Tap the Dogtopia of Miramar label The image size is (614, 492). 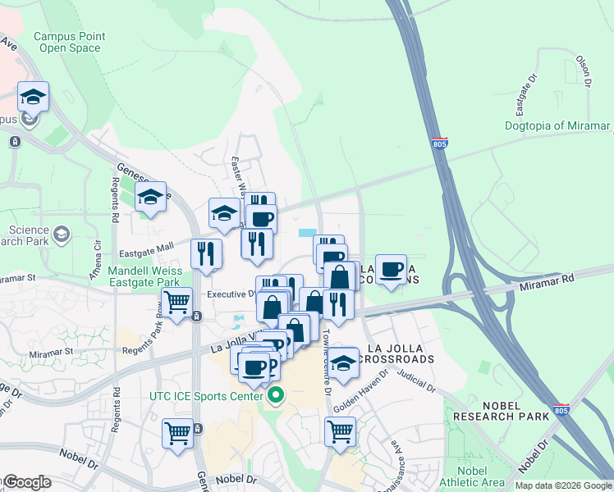tap(558, 125)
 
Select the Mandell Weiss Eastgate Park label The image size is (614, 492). tap(144, 276)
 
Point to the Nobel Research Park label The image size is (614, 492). tap(499, 410)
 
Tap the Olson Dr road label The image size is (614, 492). tap(584, 71)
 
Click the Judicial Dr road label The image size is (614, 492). tap(415, 378)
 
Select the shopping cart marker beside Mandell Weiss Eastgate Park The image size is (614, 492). tap(177, 303)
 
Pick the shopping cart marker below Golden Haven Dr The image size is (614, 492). tap(340, 430)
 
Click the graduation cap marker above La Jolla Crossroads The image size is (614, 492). tap(342, 363)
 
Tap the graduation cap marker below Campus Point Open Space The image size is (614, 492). tap(33, 97)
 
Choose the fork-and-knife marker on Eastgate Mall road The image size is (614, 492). tap(206, 253)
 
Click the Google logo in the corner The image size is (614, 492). tap(26, 482)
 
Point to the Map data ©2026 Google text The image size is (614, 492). tap(562, 485)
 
